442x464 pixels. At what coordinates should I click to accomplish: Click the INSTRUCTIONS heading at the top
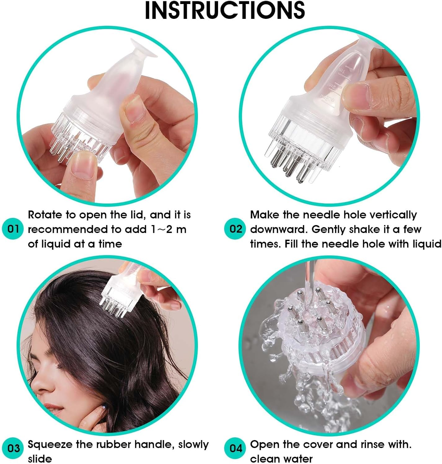[225, 11]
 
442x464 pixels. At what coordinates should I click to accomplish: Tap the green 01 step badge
[13, 229]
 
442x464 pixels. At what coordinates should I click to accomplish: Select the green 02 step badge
[235, 229]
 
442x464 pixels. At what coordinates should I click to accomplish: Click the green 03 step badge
[13, 448]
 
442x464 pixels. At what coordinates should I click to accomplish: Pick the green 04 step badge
[235, 448]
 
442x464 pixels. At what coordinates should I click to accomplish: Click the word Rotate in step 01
[45, 215]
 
